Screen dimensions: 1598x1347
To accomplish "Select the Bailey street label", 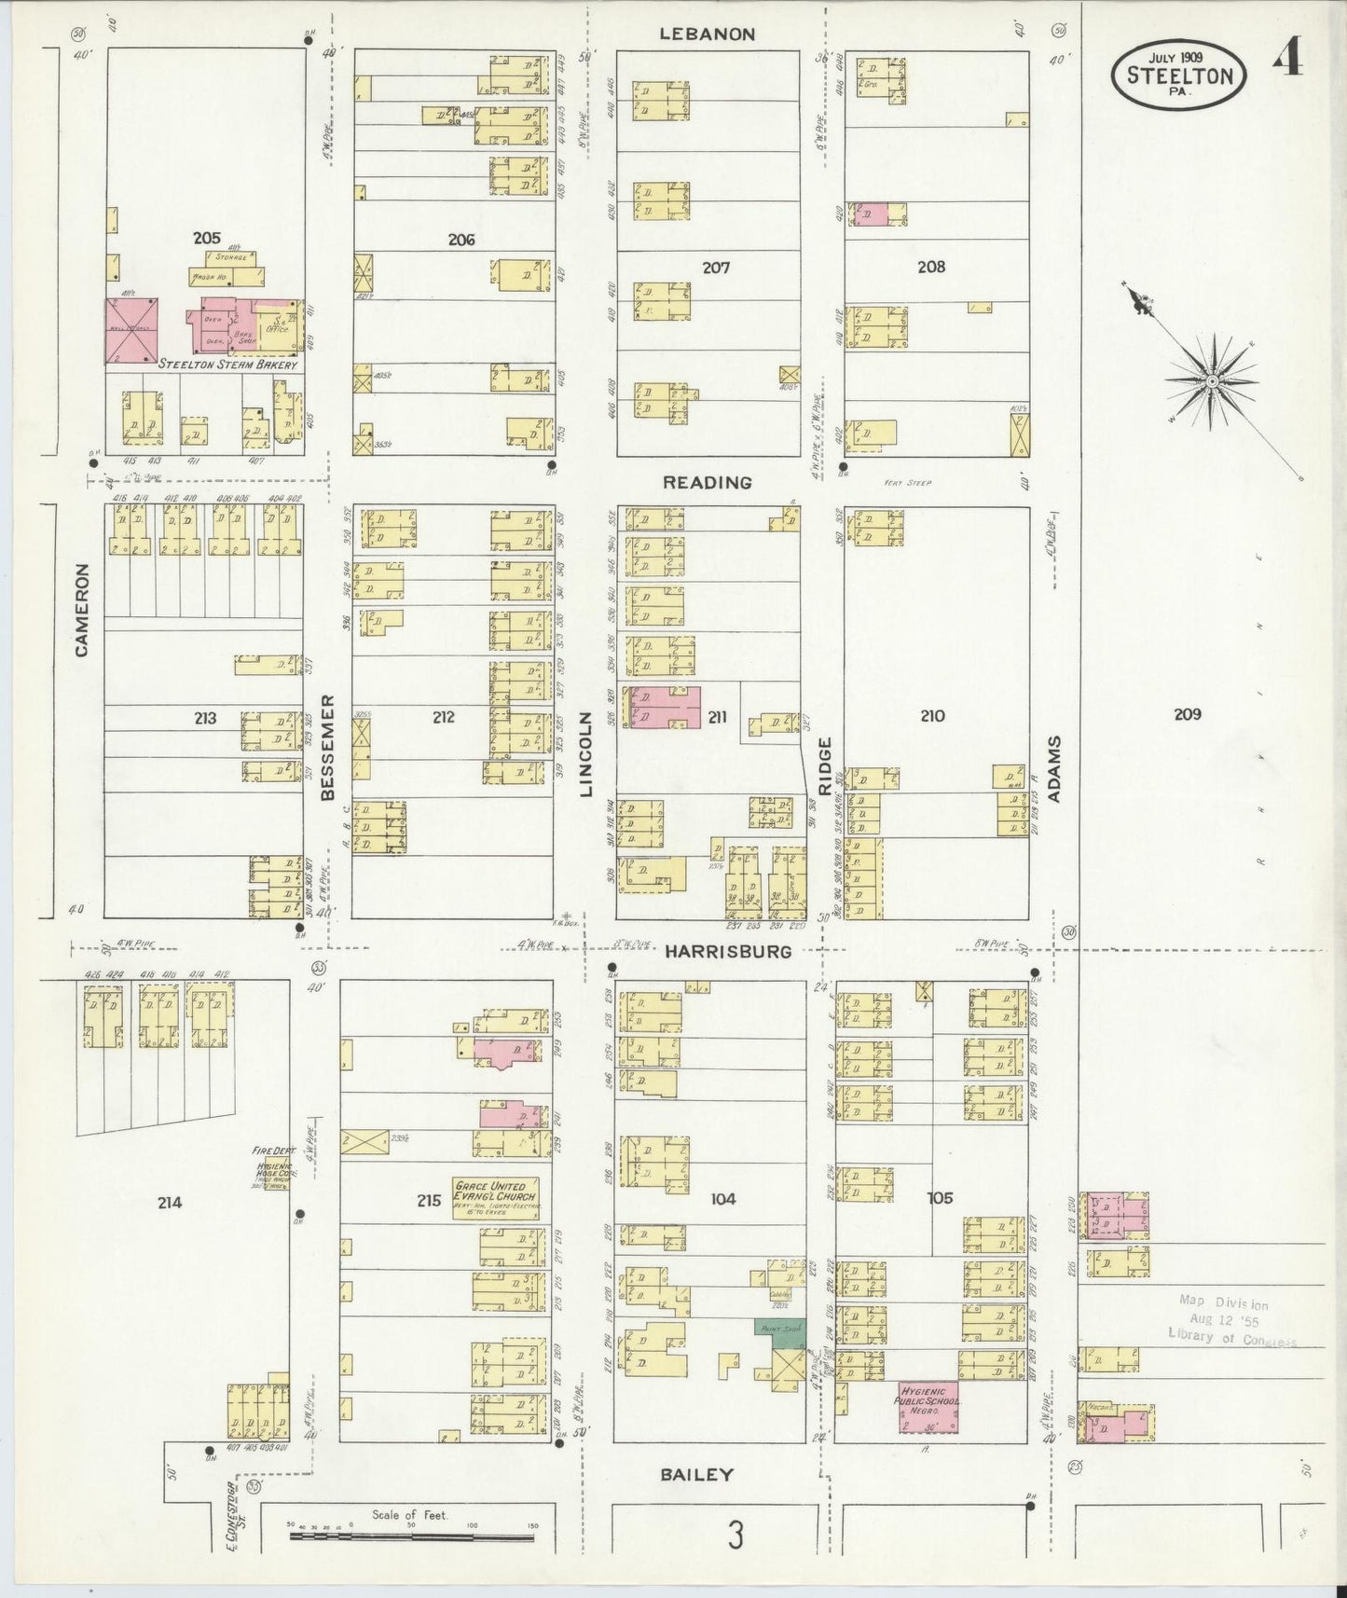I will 696,1474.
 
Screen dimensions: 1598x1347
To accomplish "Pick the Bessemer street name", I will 327,747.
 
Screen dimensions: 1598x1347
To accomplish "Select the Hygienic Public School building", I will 928,1407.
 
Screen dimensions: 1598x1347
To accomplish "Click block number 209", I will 1187,715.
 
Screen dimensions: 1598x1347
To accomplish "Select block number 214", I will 169,1203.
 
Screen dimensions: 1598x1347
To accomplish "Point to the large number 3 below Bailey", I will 735,1535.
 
